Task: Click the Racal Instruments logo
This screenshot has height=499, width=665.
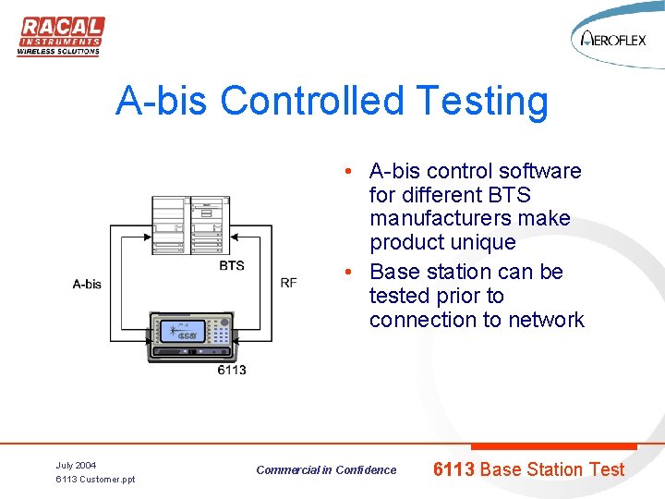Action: [x=60, y=36]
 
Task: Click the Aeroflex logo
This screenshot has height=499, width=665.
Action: [x=616, y=40]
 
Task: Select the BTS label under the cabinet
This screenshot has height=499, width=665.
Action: [x=232, y=266]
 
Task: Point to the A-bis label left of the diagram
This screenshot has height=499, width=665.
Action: [x=87, y=284]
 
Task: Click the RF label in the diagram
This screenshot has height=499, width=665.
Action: [x=288, y=283]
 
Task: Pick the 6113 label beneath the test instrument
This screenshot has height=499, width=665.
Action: [x=232, y=370]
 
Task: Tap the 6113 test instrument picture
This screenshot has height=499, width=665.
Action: [x=191, y=335]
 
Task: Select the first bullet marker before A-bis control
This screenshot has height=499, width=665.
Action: [x=343, y=172]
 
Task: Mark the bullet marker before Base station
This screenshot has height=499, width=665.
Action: [x=343, y=273]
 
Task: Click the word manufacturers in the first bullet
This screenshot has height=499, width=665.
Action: [x=469, y=219]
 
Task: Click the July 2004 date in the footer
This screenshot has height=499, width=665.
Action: [x=76, y=465]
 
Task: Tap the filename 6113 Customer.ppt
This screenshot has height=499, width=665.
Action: [x=95, y=480]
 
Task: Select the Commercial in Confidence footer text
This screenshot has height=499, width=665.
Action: [x=326, y=470]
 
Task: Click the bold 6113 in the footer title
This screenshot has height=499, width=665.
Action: [x=453, y=469]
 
